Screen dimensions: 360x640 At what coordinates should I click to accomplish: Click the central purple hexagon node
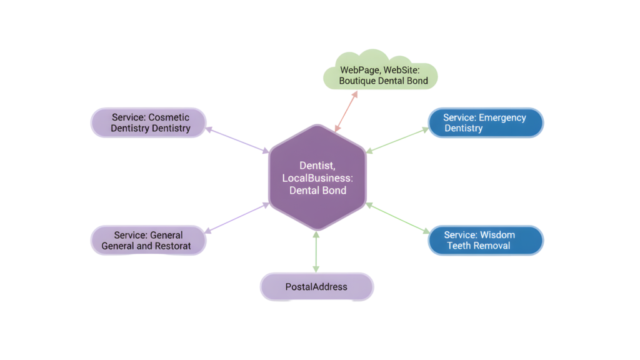coord(317,177)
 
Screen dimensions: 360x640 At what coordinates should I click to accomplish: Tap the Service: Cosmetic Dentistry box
coord(149,122)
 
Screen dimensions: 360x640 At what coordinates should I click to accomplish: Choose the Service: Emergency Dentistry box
coord(485,122)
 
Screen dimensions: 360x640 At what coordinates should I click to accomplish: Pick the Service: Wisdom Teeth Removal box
coord(485,240)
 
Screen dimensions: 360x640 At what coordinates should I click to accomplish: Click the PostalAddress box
coord(316,287)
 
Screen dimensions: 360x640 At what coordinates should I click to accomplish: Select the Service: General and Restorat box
coord(148,240)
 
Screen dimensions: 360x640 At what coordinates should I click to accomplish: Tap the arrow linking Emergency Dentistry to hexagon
coord(397,140)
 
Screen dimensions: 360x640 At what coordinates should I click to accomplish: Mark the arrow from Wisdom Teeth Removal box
coord(397,216)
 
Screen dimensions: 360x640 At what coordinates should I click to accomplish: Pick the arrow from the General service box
coord(237,216)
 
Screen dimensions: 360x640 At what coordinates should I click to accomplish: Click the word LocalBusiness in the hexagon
coord(317,178)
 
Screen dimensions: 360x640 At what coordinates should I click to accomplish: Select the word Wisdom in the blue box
coord(497,235)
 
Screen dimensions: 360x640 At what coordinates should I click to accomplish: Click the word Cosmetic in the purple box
coord(169,117)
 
